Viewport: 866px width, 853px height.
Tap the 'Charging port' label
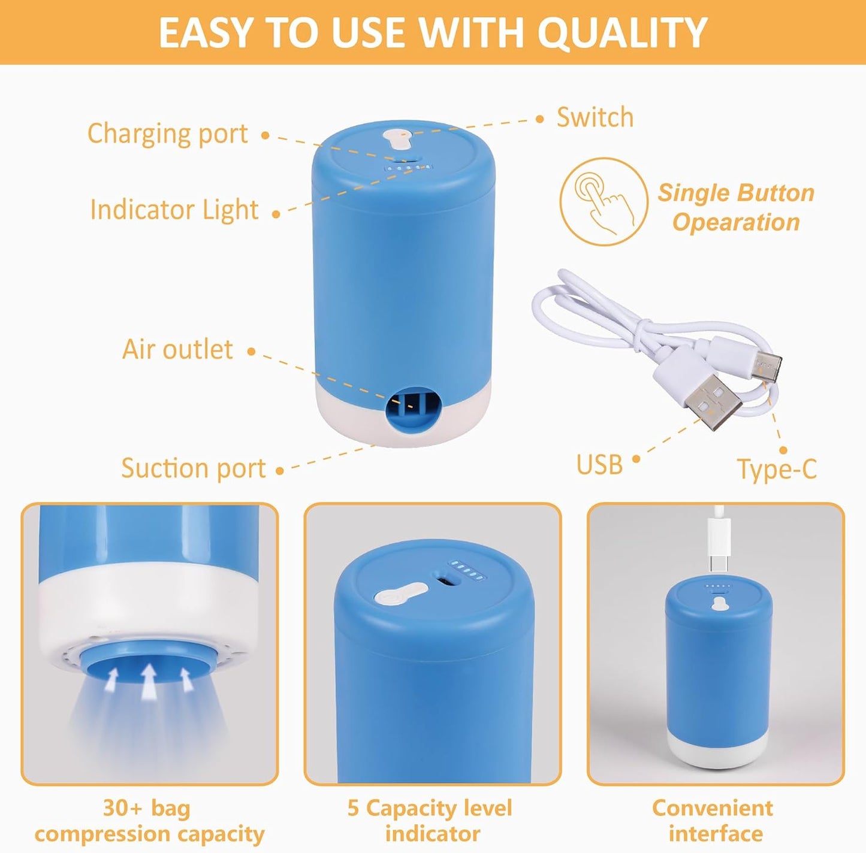coord(167,134)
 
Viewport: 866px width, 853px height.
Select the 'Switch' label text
coord(595,117)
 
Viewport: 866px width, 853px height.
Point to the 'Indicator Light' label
coord(174,210)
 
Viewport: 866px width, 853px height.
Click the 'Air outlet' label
coord(177,349)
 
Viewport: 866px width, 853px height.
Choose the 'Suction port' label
coord(193,468)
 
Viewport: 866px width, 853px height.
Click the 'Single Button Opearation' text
coord(736,207)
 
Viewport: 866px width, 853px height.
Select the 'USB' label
coord(599,464)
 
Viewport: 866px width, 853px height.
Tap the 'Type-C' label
coord(777,469)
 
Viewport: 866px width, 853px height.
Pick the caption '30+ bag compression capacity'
coord(149,821)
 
